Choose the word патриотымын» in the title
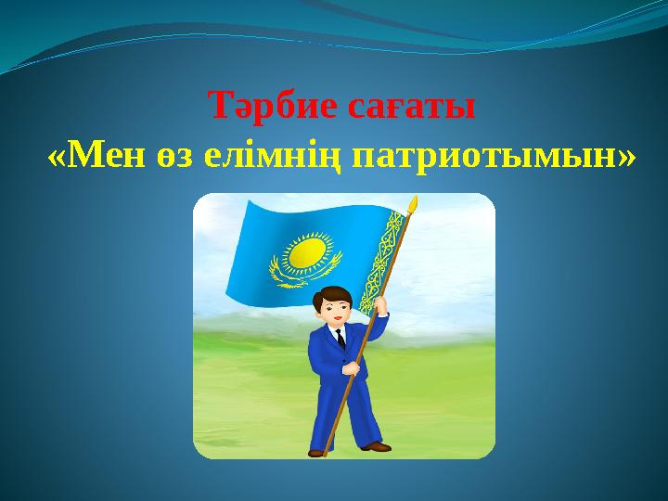pos(493,158)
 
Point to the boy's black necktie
pos(340,338)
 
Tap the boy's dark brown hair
pos(330,294)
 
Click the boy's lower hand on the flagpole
pos(352,368)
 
